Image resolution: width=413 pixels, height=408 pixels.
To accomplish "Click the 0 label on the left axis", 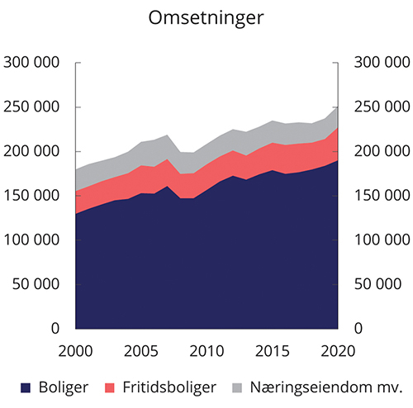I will point(55,328).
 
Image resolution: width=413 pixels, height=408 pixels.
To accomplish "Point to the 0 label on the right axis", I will point(358,328).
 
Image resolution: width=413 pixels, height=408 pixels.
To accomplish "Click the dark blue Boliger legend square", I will point(24,386).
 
